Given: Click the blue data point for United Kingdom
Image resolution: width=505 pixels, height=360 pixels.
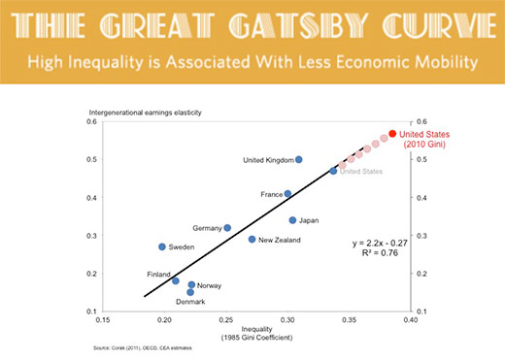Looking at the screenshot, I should coord(299,159).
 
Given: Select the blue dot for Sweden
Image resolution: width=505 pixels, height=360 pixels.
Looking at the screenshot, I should coord(162,246).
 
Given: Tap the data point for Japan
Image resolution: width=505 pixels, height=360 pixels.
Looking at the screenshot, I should coord(292,220).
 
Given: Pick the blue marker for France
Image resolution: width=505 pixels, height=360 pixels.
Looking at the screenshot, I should coord(287,194).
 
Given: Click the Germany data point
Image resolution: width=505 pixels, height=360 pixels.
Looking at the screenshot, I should coord(227,228).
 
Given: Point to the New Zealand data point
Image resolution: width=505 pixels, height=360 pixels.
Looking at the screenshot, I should coord(252,239).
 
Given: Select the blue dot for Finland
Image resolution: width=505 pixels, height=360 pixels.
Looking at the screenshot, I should coord(176,280).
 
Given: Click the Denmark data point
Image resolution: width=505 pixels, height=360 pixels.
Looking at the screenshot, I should coord(190,291).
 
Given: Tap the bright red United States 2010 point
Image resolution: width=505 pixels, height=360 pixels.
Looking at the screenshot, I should coord(392,134).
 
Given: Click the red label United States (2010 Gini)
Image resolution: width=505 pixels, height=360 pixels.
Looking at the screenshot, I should coord(427,140).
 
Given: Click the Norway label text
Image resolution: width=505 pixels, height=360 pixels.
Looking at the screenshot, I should coord(210,286).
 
